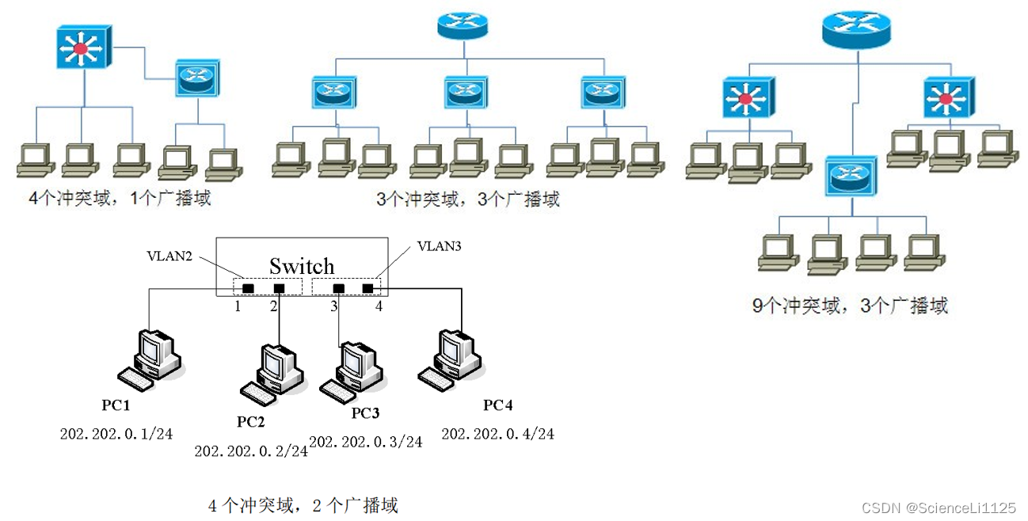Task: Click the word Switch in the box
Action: (x=302, y=265)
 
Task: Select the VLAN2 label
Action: (x=169, y=256)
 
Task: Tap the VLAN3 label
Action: (x=439, y=246)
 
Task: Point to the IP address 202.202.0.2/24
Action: (x=250, y=451)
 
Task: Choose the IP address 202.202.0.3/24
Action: (x=365, y=442)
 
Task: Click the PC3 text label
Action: (x=365, y=413)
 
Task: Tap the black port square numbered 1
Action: (x=248, y=287)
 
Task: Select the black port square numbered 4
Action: (x=367, y=287)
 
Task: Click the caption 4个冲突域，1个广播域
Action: (x=120, y=198)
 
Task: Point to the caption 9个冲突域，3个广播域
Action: (x=849, y=306)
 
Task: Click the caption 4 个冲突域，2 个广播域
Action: (x=303, y=504)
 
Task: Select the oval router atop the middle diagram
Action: (x=463, y=26)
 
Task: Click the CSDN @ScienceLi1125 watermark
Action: (x=938, y=507)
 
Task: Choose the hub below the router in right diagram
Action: (x=851, y=177)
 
